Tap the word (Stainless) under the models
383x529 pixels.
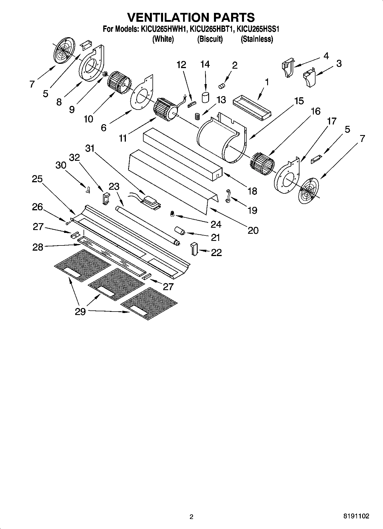(257, 39)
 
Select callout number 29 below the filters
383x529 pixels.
(80, 311)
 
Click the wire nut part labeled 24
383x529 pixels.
(172, 214)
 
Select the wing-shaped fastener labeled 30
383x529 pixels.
(87, 190)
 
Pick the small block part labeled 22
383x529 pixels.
(194, 249)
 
